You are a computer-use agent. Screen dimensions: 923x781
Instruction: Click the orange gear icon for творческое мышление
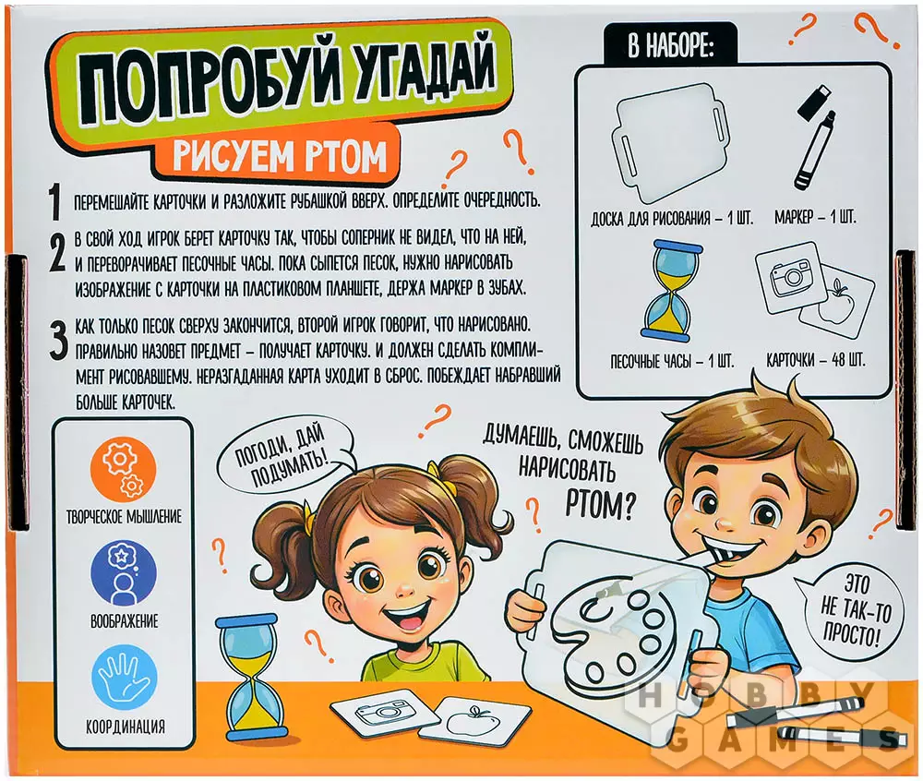125,470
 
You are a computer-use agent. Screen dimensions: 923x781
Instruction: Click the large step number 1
55,202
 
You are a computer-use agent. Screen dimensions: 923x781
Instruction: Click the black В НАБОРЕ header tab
671,45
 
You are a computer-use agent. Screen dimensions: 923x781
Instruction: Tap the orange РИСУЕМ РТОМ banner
278,155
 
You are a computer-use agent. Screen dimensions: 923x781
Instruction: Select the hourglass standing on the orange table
247,678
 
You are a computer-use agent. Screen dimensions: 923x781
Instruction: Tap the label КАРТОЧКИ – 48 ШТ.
815,360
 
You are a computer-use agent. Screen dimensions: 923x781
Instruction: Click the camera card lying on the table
384,712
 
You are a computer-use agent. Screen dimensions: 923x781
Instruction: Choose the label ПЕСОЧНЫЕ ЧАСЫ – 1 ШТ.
672,360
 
